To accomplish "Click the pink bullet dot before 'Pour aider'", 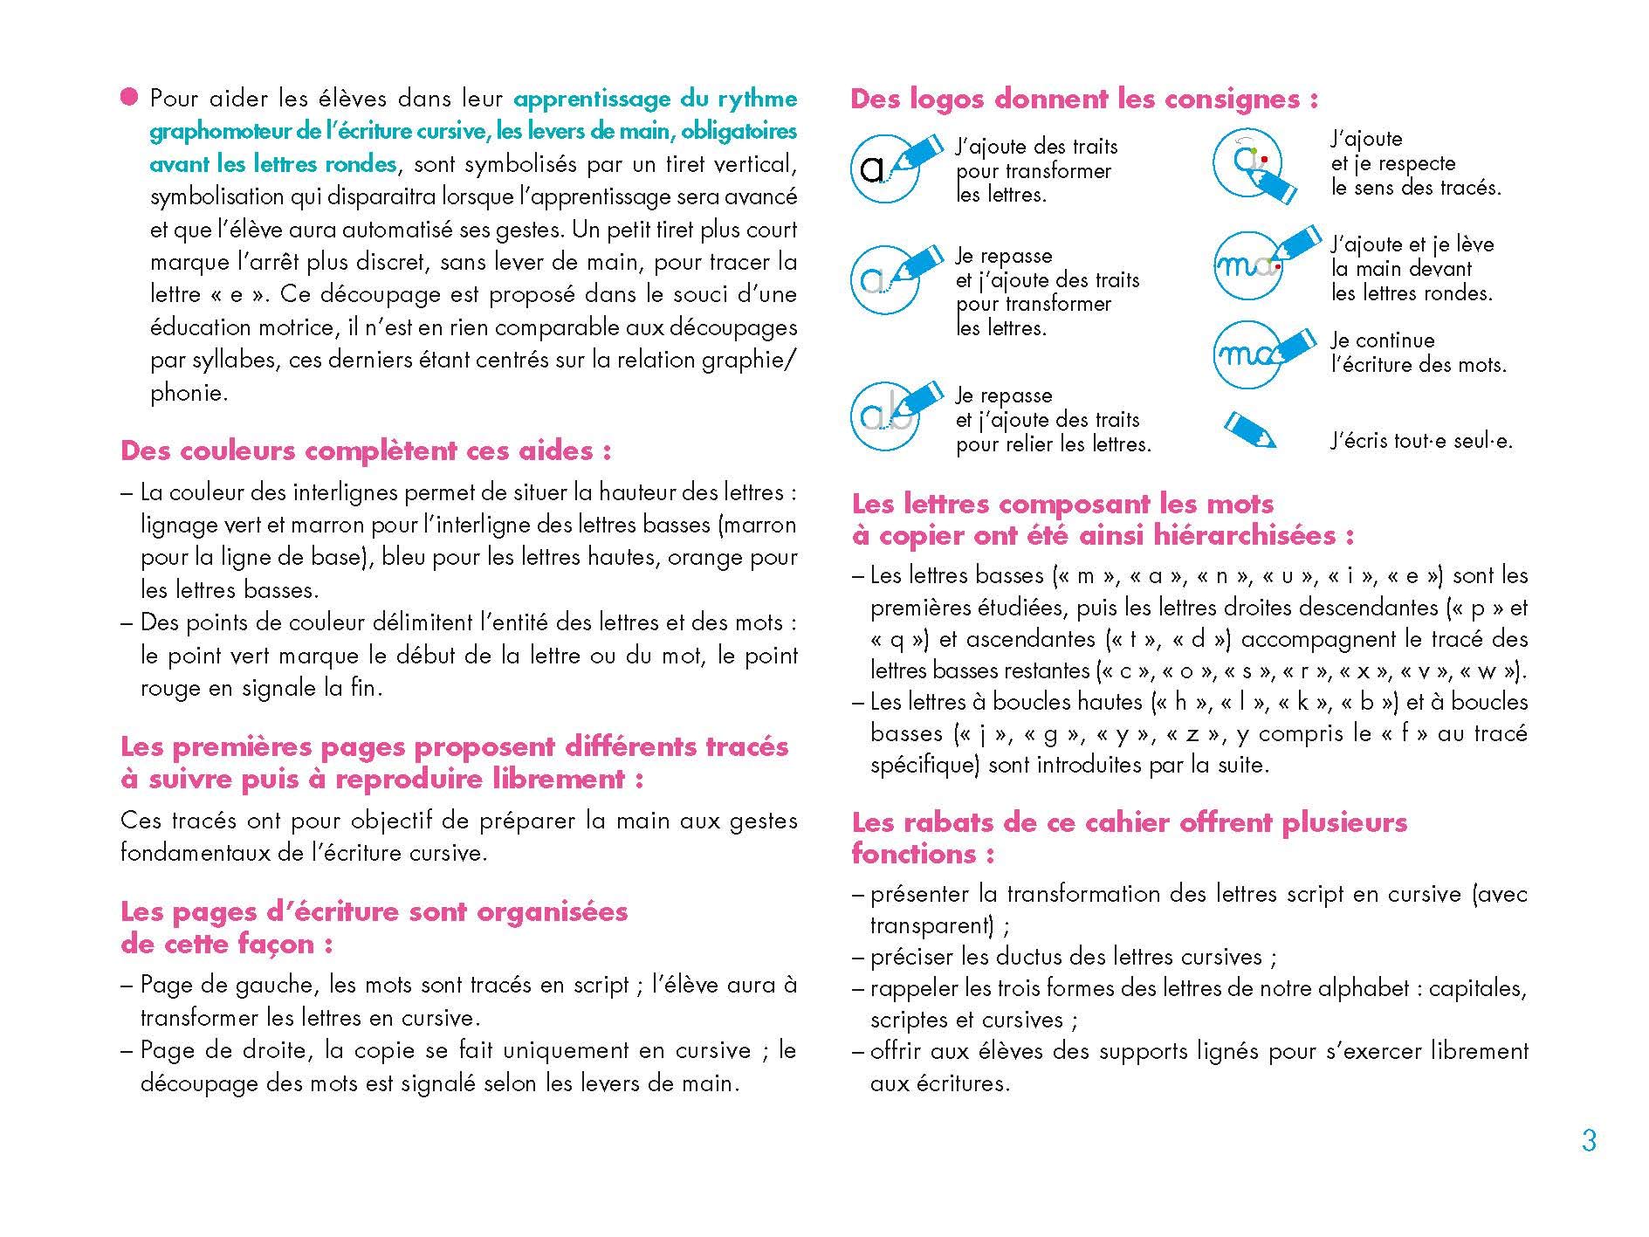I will tap(129, 98).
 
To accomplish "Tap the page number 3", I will tap(1589, 1141).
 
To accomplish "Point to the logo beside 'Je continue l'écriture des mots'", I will tap(1257, 354).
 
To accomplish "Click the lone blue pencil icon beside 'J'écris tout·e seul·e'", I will tap(1250, 430).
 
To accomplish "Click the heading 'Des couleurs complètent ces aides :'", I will tap(365, 451).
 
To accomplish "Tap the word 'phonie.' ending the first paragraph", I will tap(189, 393).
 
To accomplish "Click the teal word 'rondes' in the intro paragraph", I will tap(358, 164).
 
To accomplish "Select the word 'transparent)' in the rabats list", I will tap(931, 924).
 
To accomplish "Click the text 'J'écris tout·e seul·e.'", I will tap(1421, 442).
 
